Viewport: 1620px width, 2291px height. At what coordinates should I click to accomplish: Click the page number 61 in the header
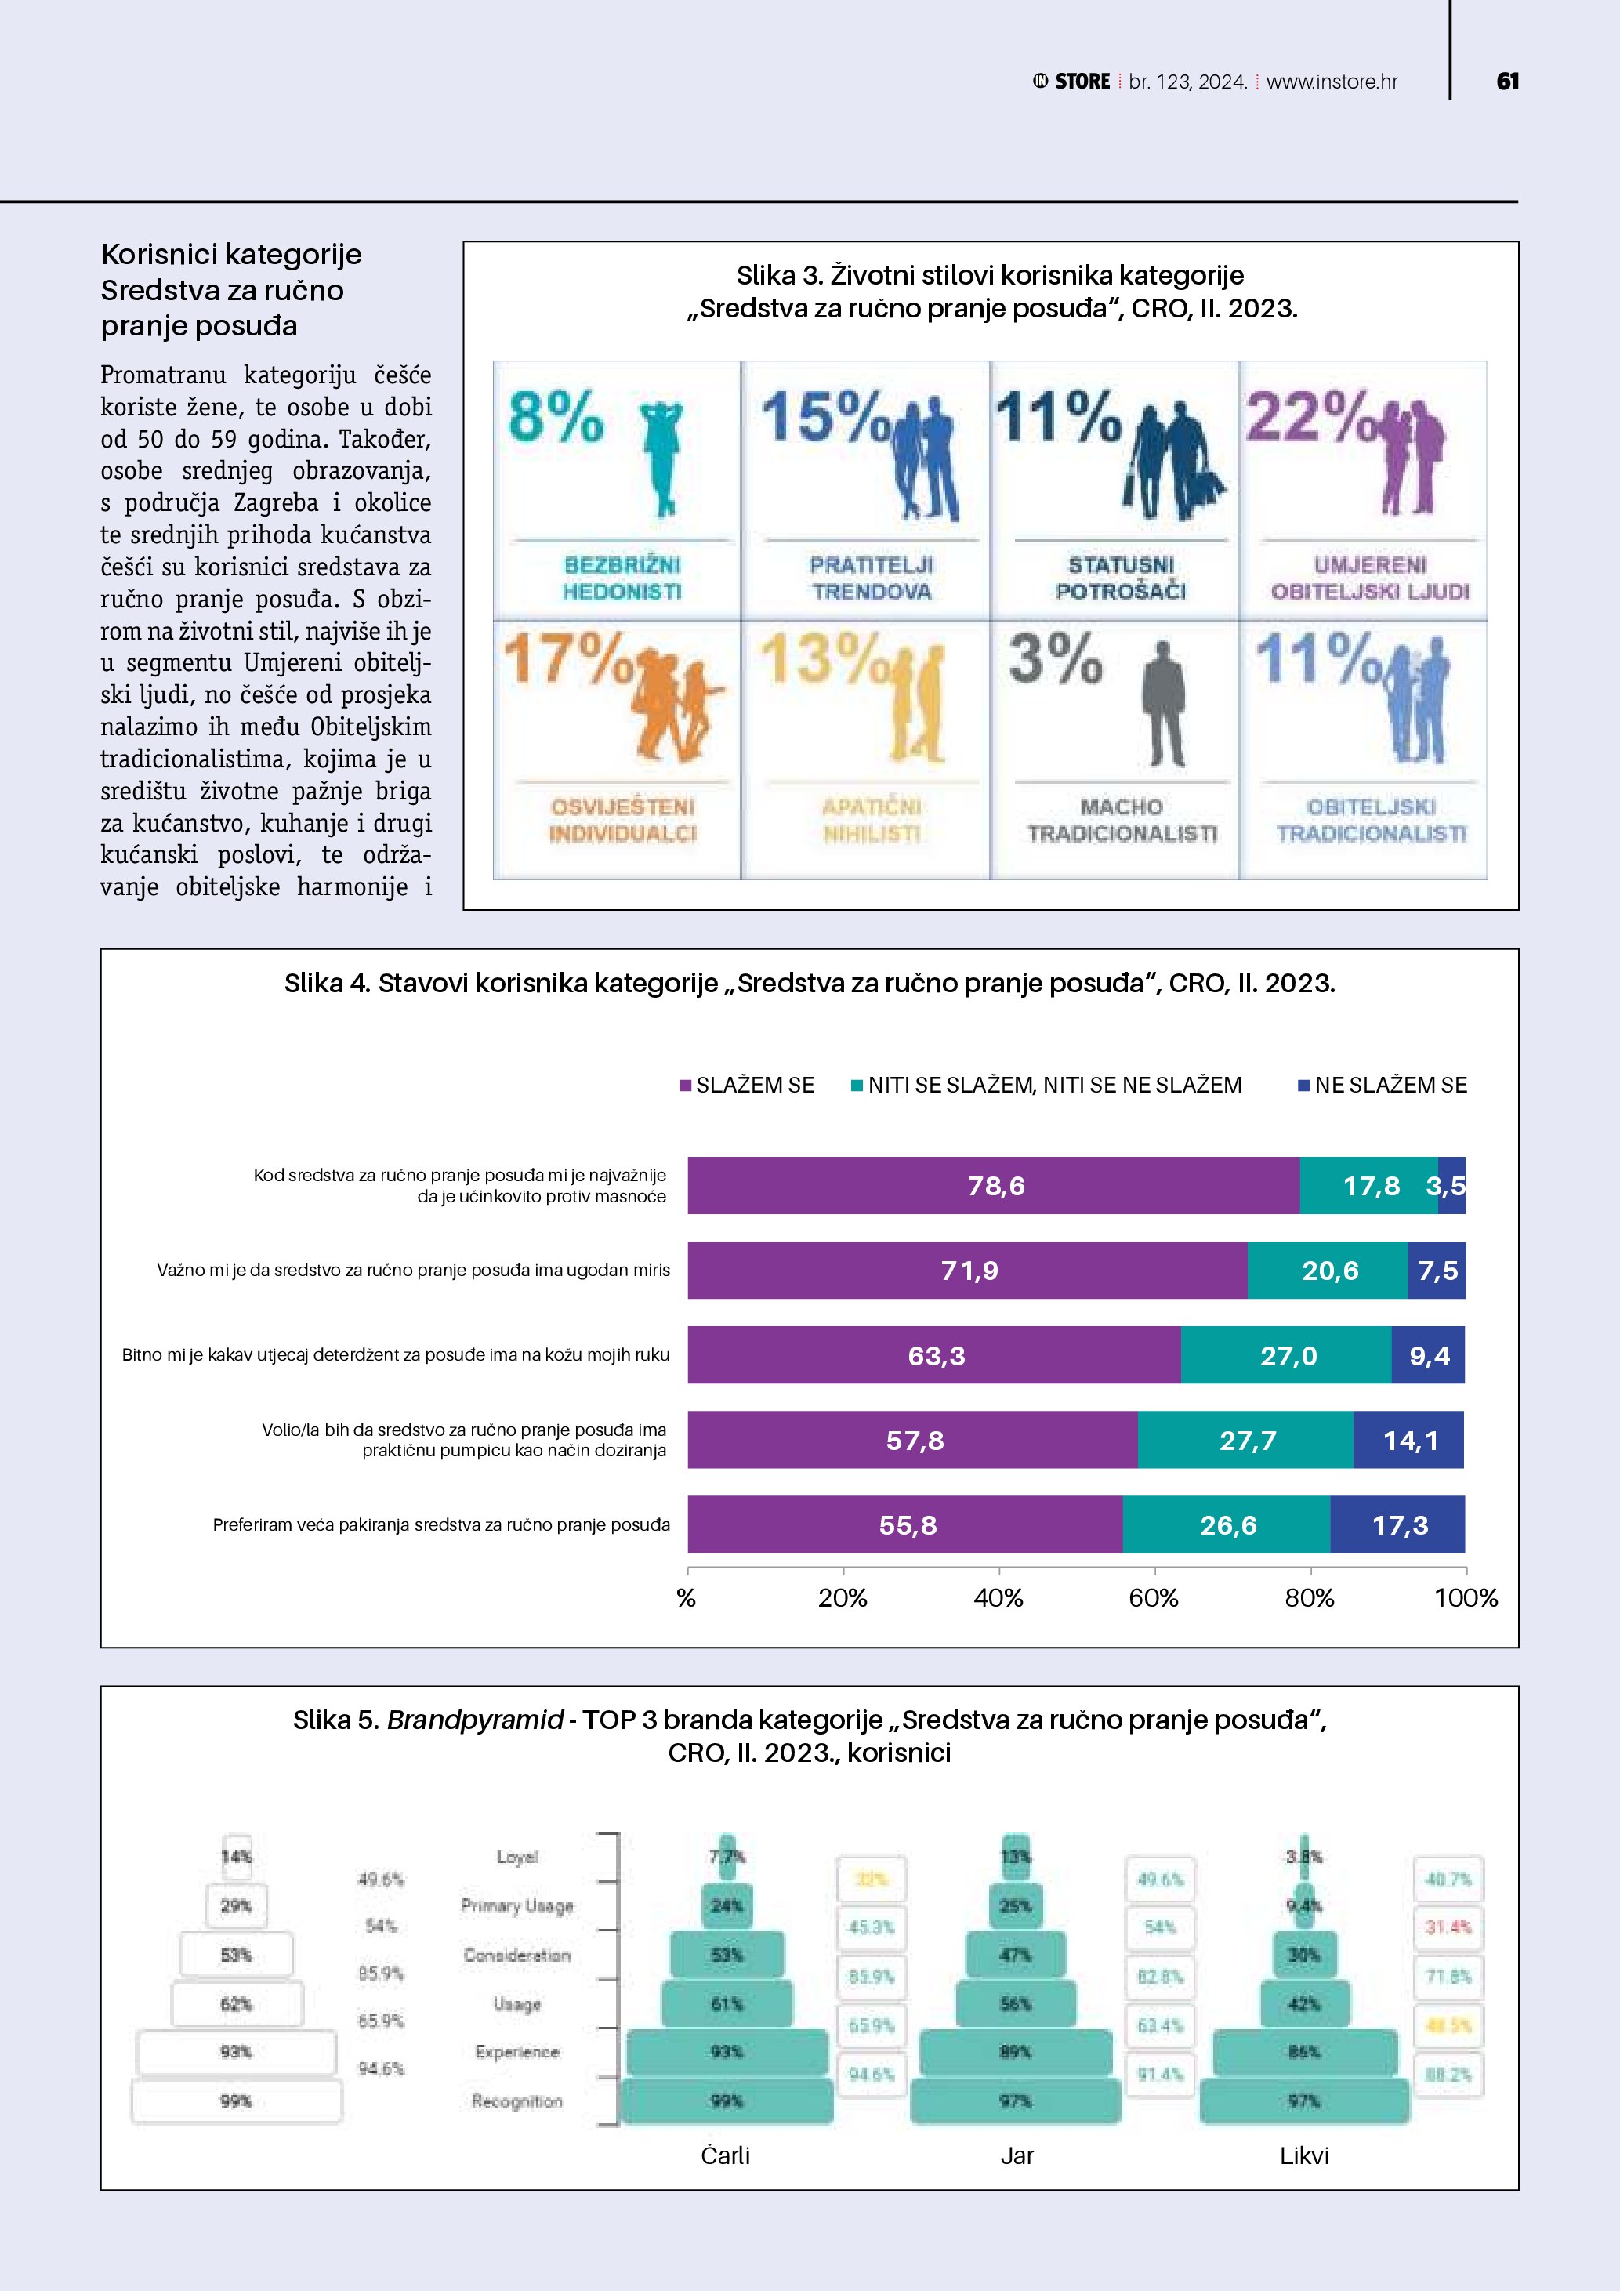coord(1507,82)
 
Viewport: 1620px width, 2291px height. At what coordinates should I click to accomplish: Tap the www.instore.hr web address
coord(1332,82)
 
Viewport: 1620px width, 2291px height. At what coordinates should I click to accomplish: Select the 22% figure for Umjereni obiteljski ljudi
coord(1307,416)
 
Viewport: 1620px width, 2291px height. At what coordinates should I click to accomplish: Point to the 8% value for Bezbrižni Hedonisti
coord(556,416)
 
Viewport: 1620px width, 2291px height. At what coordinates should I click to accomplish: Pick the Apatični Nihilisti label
coord(871,819)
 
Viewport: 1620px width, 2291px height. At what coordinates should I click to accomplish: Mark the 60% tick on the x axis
coord(1154,1597)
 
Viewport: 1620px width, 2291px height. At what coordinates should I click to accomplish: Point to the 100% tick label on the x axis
coord(1466,1597)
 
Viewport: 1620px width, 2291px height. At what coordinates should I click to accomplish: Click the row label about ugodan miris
coord(413,1271)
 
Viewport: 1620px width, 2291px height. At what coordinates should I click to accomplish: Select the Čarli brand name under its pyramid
coord(725,2155)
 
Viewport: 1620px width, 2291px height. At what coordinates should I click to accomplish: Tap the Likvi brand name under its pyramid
coord(1304,2155)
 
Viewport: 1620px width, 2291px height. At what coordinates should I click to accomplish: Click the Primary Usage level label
coord(516,1906)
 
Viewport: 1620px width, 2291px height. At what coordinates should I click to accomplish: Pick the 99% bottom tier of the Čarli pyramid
coord(727,2101)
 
